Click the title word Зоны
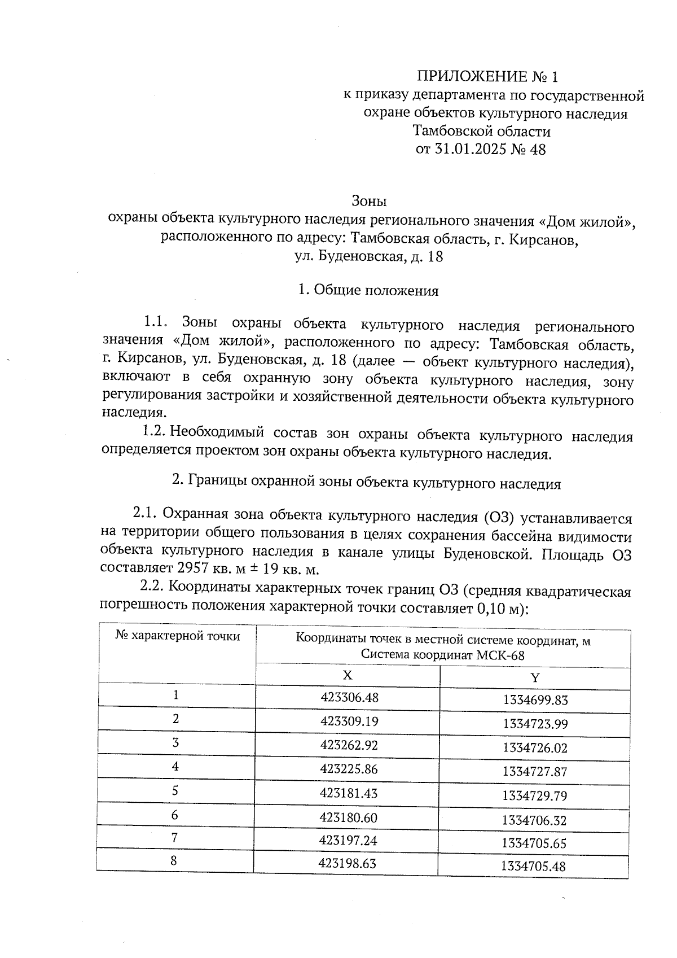(x=369, y=200)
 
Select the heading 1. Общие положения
(x=368, y=291)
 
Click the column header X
(x=347, y=676)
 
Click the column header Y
(x=535, y=677)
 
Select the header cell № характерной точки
(x=177, y=637)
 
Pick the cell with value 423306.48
(x=349, y=697)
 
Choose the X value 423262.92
(x=349, y=745)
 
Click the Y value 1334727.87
(x=534, y=772)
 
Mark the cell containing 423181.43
(x=348, y=793)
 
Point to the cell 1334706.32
(x=534, y=820)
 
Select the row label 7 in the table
(x=175, y=838)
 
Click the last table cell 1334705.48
(x=533, y=867)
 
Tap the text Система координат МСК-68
(x=443, y=655)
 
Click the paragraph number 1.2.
(x=153, y=432)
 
